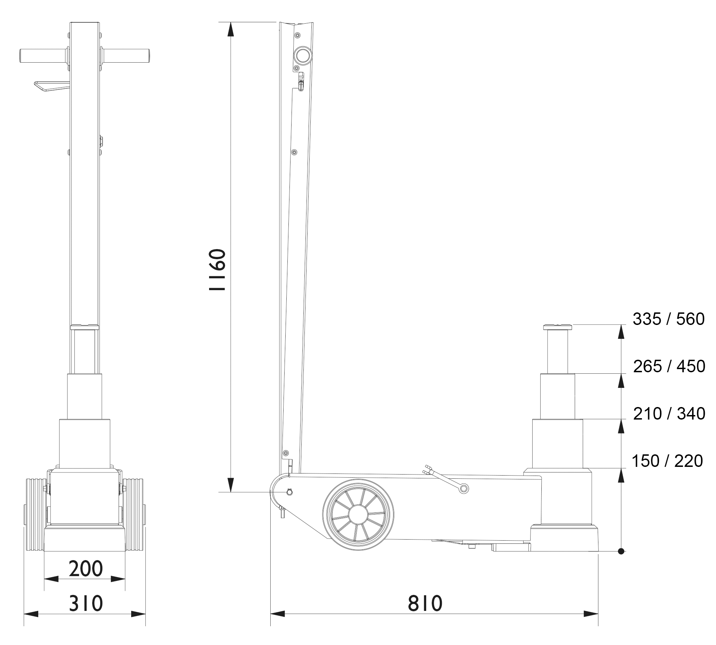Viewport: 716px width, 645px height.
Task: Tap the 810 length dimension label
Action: click(425, 603)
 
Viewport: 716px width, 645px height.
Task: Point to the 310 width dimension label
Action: click(86, 603)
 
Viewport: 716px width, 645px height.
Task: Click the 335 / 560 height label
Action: click(668, 319)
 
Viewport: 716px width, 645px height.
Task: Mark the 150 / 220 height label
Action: click(667, 461)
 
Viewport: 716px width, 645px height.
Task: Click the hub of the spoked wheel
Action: click(358, 514)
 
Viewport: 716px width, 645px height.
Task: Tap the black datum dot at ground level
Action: click(621, 551)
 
